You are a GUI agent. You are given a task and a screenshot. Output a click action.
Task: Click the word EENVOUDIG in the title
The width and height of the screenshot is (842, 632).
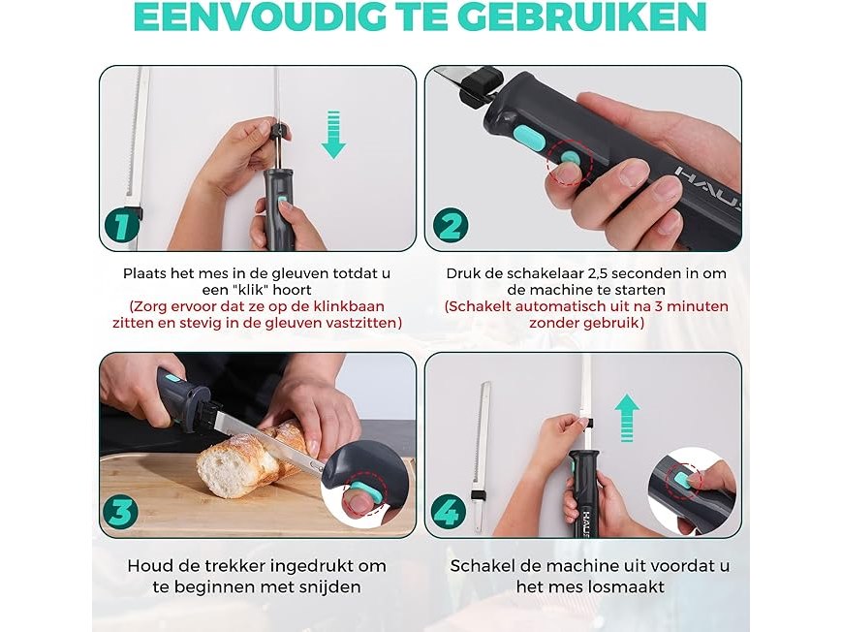(260, 16)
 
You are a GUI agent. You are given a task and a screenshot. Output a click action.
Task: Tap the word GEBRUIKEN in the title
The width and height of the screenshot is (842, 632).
(582, 16)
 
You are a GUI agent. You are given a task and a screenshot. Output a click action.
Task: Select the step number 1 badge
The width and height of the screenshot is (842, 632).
(121, 225)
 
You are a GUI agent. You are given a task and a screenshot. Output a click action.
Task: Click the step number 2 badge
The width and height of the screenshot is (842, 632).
(451, 225)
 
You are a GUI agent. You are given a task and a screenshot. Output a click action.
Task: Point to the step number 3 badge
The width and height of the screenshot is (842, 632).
(120, 512)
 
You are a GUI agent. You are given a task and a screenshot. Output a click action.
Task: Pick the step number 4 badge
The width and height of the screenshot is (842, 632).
(449, 512)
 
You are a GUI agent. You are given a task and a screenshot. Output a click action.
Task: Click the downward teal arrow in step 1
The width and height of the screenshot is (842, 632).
(333, 135)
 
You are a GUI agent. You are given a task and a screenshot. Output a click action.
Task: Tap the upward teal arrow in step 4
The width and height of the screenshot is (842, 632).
(627, 418)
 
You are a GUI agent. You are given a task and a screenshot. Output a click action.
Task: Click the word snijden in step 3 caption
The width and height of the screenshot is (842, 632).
(328, 586)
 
